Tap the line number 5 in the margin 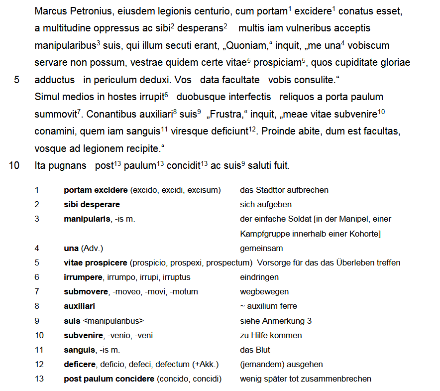pos(16,80)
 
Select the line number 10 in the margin pos(14,165)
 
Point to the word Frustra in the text pos(225,114)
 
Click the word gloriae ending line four pos(394,63)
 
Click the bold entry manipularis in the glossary pos(87,219)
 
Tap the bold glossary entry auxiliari pos(79,306)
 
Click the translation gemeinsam pos(261,248)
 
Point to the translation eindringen pos(259,277)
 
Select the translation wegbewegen pos(264,291)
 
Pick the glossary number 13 pos(39,379)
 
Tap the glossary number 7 pos(37,291)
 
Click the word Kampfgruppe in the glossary pos(263,234)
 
